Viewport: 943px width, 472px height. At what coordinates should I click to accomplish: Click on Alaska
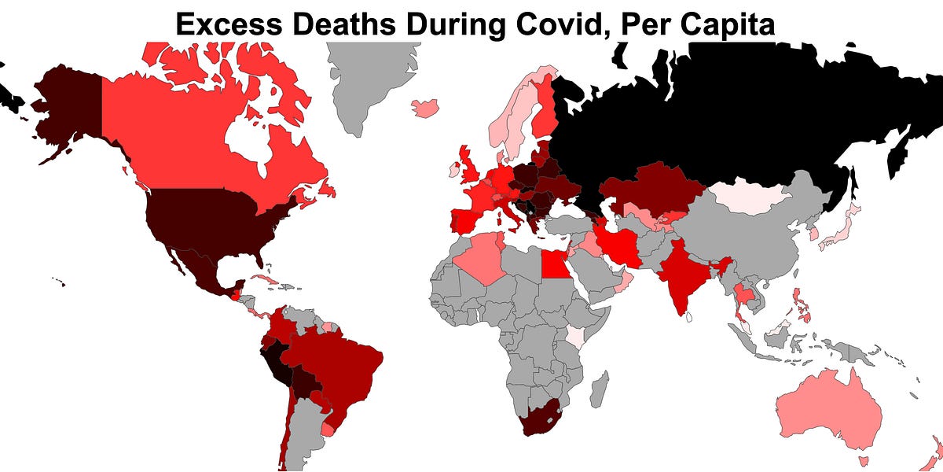coord(67,110)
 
